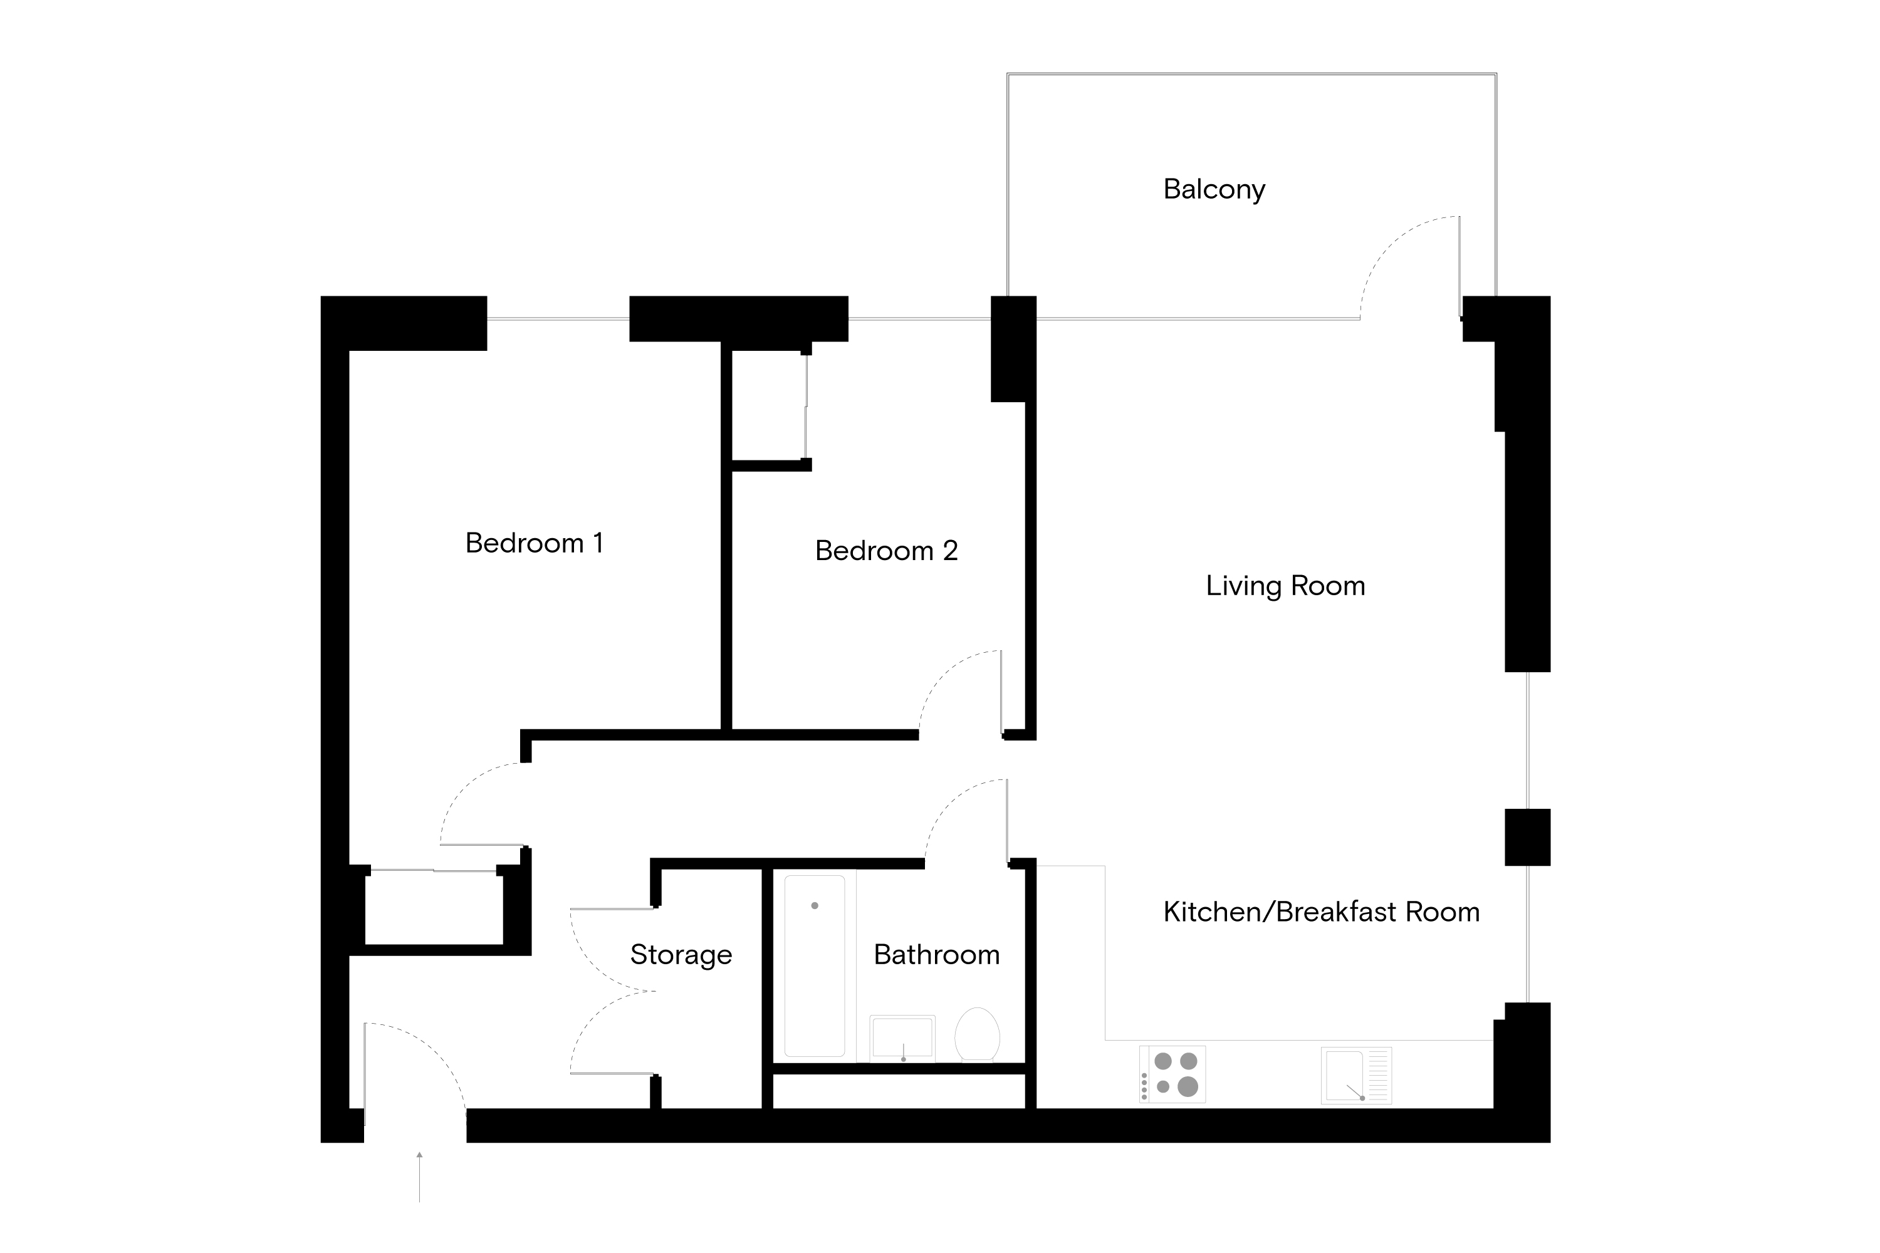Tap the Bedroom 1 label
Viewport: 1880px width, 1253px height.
pyautogui.click(x=534, y=543)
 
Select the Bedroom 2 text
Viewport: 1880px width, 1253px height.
pyautogui.click(x=885, y=551)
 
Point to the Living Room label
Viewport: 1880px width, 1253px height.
pyautogui.click(x=1285, y=586)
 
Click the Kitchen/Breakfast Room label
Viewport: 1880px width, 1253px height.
pyautogui.click(x=1320, y=912)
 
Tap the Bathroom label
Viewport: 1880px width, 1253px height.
pyautogui.click(x=936, y=955)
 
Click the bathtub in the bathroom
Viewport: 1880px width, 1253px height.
pyautogui.click(x=815, y=966)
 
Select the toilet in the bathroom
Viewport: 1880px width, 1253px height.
pyautogui.click(x=977, y=1034)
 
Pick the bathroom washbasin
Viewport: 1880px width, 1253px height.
pyautogui.click(x=902, y=1038)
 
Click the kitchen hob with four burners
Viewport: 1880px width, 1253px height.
pyautogui.click(x=1172, y=1074)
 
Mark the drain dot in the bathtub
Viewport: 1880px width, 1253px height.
pyautogui.click(x=815, y=905)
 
